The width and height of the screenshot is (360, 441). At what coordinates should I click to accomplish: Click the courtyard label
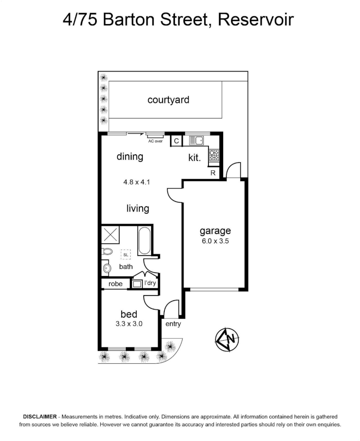(168, 100)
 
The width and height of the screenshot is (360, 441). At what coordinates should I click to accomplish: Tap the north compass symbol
(227, 339)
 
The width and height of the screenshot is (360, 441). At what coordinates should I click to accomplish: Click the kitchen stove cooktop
(214, 155)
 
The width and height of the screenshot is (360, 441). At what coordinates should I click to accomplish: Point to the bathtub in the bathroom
(144, 241)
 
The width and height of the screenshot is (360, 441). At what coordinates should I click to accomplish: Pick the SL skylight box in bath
(125, 254)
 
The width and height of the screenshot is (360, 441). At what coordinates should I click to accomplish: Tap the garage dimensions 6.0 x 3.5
(215, 241)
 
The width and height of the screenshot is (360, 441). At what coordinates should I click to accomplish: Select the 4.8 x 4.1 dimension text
(137, 183)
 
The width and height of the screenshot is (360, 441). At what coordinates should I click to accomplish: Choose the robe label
(115, 283)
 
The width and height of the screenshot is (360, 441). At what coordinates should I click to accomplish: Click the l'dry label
(150, 283)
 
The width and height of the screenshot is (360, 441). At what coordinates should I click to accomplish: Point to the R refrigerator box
(213, 173)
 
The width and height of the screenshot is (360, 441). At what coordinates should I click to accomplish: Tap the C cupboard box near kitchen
(176, 141)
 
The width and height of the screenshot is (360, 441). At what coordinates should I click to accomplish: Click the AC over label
(155, 141)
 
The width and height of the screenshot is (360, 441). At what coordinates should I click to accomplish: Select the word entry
(173, 324)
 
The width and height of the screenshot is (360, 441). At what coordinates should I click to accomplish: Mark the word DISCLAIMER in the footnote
(40, 417)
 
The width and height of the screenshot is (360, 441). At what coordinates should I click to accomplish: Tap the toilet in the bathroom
(107, 252)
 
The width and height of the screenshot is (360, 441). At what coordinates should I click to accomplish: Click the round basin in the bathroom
(107, 268)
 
